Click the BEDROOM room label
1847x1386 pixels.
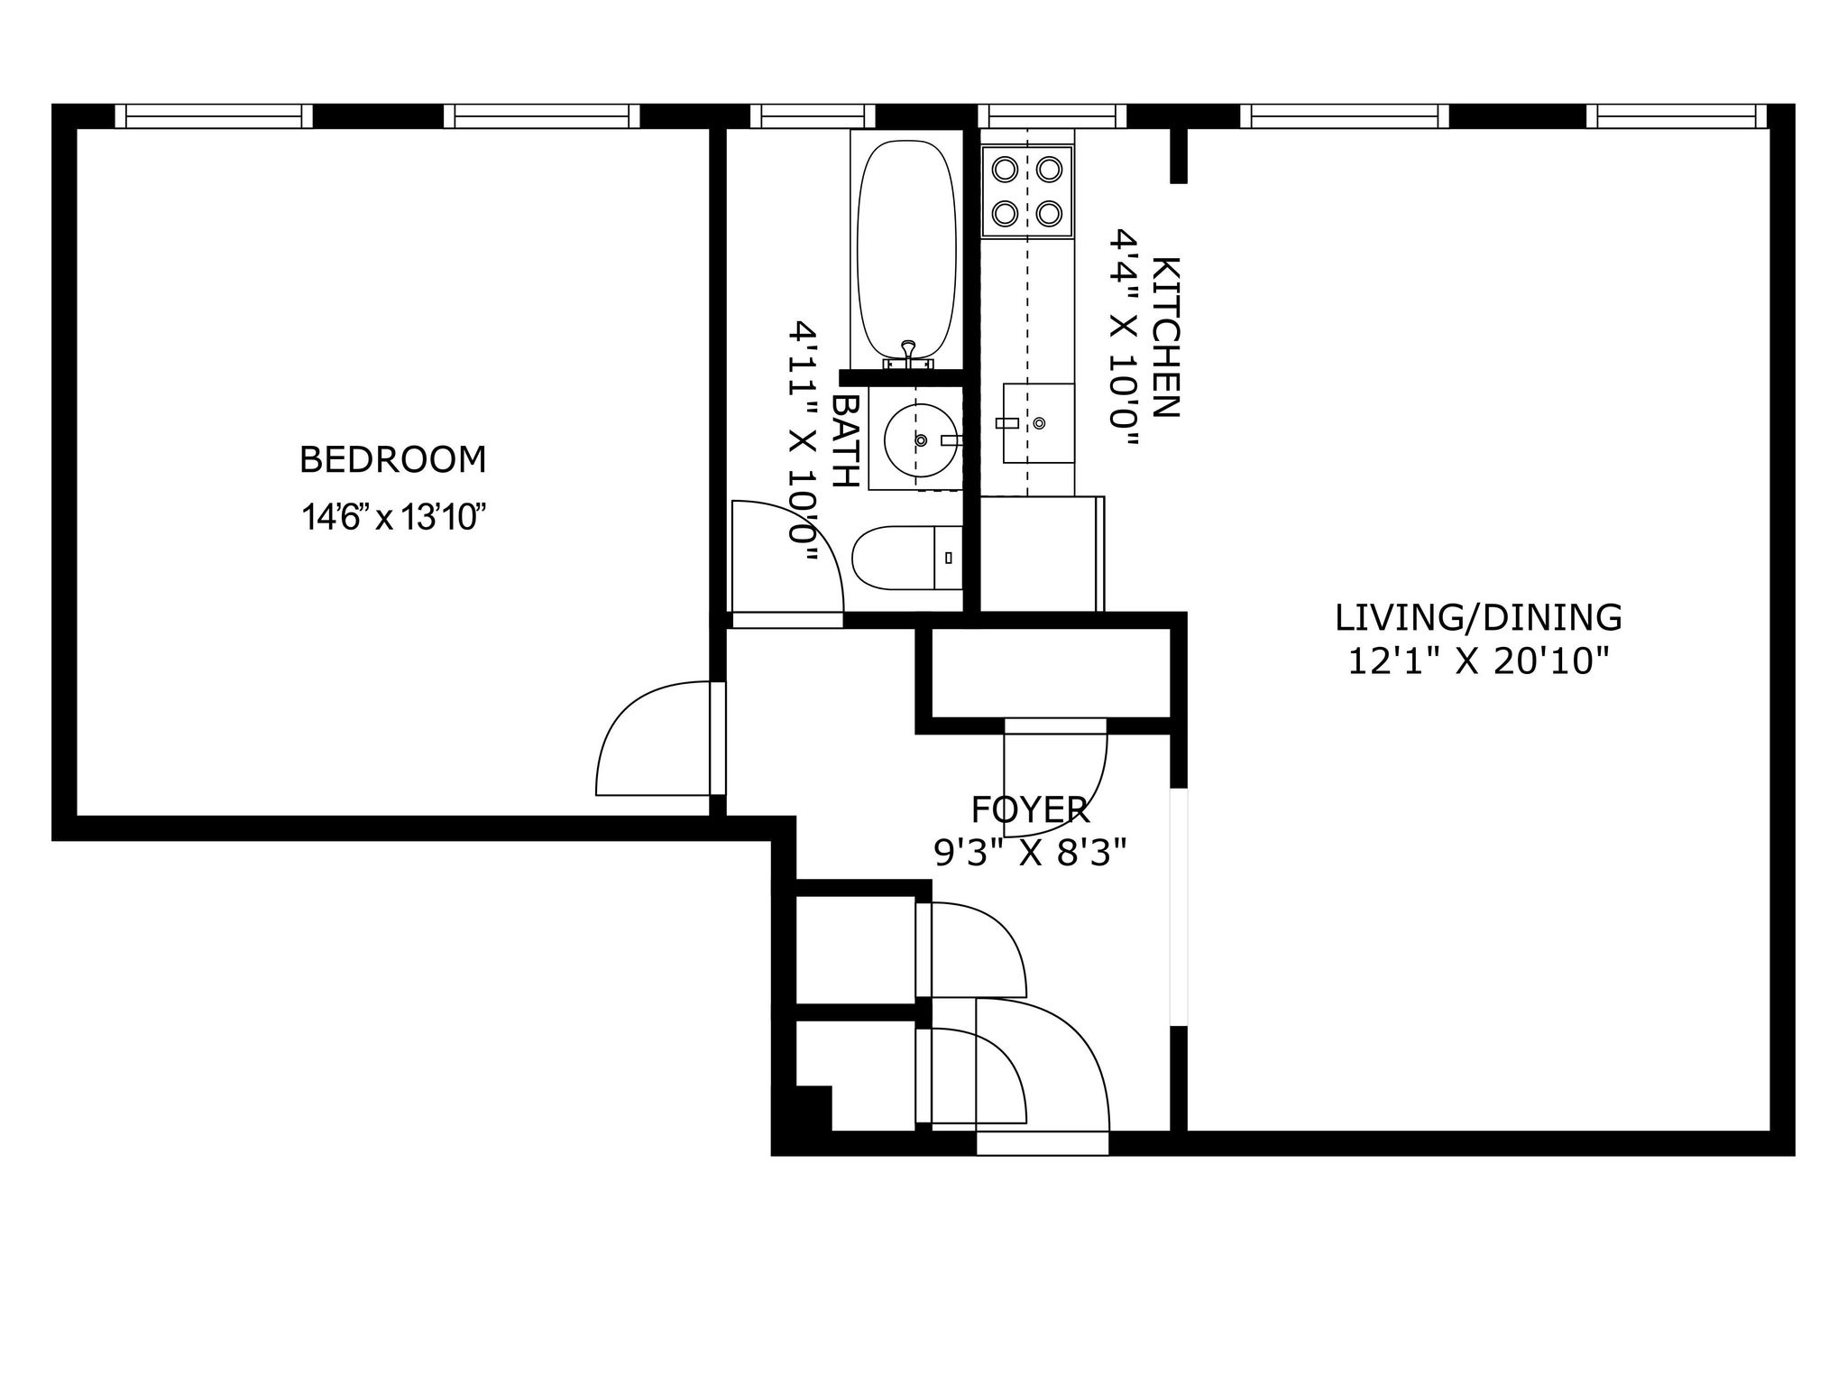pyautogui.click(x=392, y=460)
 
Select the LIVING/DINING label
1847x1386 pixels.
pyautogui.click(x=1478, y=618)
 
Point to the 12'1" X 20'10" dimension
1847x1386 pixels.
pyautogui.click(x=1478, y=663)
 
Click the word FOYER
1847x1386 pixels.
pyautogui.click(x=1030, y=810)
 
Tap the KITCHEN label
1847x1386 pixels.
pyautogui.click(x=1165, y=337)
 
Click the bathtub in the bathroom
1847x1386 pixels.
pyautogui.click(x=905, y=252)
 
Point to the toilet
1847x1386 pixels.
pyautogui.click(x=907, y=558)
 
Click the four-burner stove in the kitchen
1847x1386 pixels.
pyautogui.click(x=1027, y=191)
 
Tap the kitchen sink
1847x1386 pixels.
pyautogui.click(x=1038, y=423)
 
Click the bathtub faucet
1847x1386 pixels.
pyautogui.click(x=908, y=352)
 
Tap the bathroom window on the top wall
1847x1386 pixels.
pyautogui.click(x=813, y=116)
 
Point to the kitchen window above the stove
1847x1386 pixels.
pyautogui.click(x=1052, y=116)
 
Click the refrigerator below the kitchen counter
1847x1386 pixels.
pyautogui.click(x=1042, y=553)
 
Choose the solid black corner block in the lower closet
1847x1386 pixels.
pyautogui.click(x=813, y=1107)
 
